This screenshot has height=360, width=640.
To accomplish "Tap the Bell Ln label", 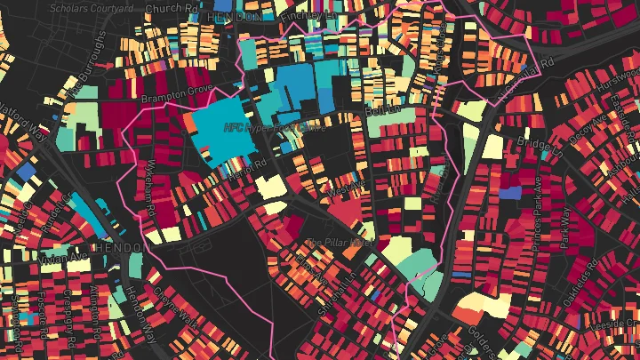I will tap(380, 112).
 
